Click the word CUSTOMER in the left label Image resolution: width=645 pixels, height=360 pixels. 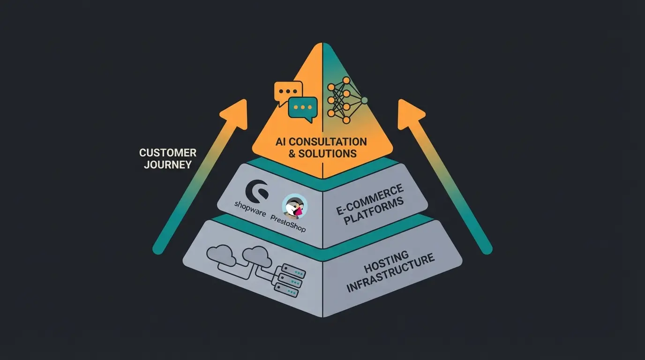pos(168,153)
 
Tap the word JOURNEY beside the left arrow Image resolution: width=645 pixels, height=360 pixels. pos(168,165)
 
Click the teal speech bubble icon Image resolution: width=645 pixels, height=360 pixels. pos(303,108)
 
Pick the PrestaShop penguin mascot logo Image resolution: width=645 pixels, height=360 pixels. pos(295,206)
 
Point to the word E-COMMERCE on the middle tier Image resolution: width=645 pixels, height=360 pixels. pos(370,200)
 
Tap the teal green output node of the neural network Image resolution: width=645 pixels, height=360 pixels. pos(364,100)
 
